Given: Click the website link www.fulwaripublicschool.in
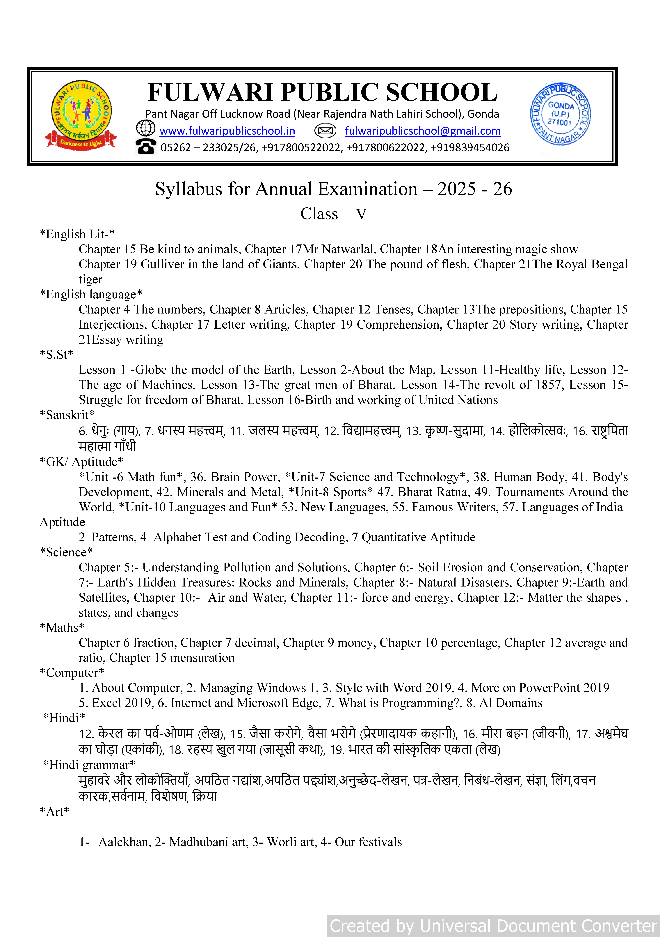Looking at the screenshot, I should coord(227,131).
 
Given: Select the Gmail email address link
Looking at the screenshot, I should coord(422,131).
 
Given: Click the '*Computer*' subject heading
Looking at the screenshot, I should coord(72,673).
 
